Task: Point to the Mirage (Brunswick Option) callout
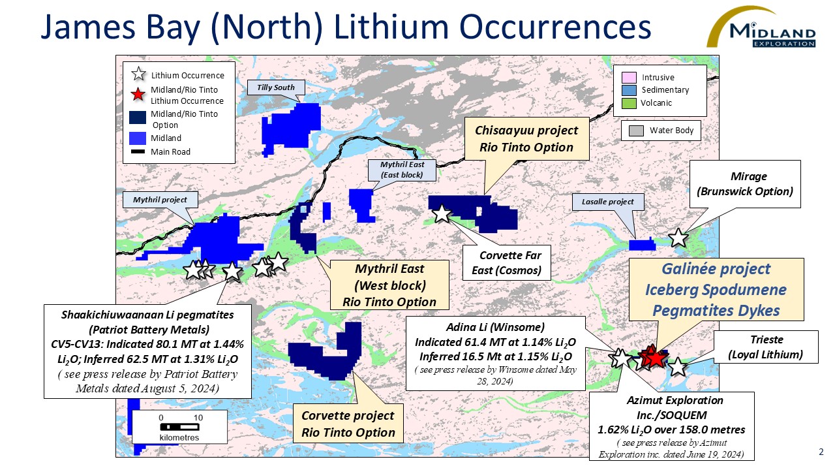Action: click(744, 184)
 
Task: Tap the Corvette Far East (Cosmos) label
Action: click(506, 263)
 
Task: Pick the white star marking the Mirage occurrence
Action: click(678, 237)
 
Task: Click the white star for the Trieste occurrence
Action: click(677, 366)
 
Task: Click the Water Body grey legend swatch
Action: click(636, 131)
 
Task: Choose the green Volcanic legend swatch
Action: click(629, 103)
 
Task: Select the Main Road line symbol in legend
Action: click(138, 152)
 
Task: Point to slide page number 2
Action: click(821, 452)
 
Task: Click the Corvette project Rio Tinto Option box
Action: click(348, 424)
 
